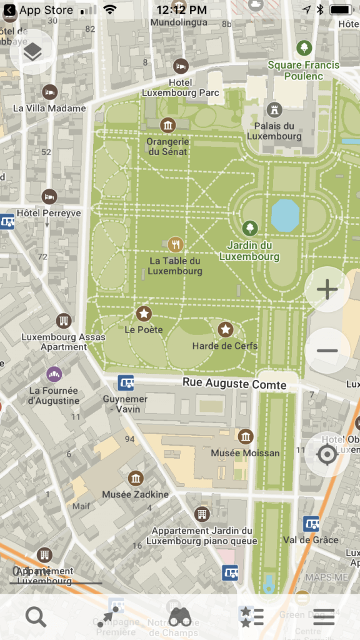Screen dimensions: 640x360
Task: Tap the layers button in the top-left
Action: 33,52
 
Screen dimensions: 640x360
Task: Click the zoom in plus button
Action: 327,289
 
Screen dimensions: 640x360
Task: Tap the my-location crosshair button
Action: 327,454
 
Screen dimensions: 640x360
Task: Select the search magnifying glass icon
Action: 36,617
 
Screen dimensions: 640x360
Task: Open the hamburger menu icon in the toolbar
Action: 324,617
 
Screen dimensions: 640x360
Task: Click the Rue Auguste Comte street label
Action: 234,383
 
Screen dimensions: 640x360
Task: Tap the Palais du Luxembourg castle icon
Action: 274,111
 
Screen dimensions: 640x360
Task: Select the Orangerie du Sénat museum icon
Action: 167,125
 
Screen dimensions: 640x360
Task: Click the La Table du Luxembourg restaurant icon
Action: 176,244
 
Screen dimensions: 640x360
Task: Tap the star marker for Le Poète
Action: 144,313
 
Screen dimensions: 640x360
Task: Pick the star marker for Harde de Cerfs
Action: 225,329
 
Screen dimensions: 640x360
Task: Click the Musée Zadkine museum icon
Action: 136,479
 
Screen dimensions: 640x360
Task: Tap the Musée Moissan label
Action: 246,452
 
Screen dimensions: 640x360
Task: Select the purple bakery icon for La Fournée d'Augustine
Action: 54,374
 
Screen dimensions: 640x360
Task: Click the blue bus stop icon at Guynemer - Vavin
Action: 126,382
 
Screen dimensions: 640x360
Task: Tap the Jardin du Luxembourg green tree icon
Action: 249,228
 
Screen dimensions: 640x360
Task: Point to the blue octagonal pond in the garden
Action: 285,214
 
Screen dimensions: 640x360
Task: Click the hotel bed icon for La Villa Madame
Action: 49,92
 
